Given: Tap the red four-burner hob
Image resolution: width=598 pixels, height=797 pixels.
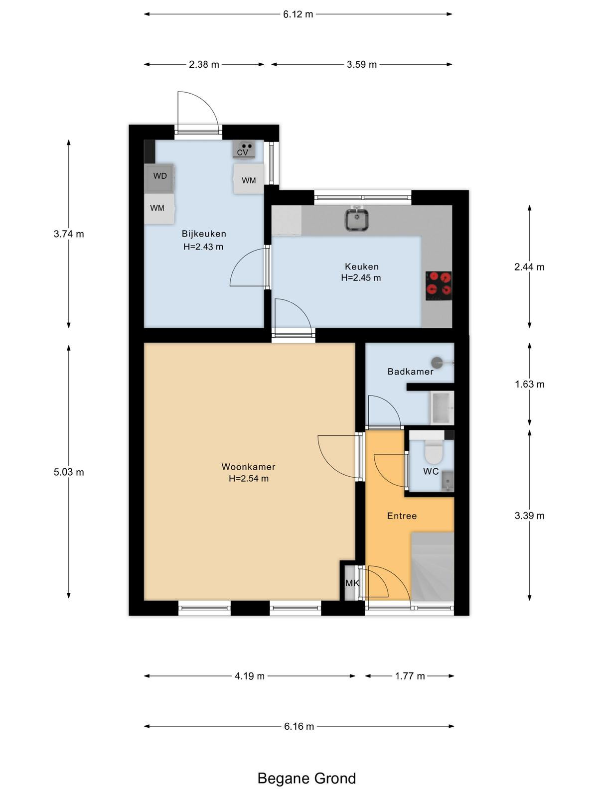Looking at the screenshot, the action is (439, 286).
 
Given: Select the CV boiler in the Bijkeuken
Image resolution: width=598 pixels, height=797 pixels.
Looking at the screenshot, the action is (244, 149).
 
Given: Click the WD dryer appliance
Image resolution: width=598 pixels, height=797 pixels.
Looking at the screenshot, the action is (159, 178).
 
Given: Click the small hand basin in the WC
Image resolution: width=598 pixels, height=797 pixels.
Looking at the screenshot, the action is (448, 481).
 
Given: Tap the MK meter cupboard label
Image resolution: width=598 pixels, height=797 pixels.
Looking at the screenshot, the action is (352, 583).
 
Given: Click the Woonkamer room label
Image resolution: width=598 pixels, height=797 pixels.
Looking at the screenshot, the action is (248, 467).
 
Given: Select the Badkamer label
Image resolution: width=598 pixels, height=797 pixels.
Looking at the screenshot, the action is (410, 372).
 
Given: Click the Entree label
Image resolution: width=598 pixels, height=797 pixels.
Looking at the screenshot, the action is (402, 516).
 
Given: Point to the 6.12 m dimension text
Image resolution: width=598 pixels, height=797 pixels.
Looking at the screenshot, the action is (298, 14).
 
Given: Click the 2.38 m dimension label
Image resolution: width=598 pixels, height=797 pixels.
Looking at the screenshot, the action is (204, 65).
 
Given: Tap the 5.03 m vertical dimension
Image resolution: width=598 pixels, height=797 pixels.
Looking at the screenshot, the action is (69, 472).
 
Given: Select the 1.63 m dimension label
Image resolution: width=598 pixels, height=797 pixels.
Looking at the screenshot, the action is (529, 384).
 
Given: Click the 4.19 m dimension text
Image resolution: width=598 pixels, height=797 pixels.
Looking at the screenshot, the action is (250, 676).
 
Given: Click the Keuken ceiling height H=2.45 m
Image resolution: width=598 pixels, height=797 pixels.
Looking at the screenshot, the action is (361, 278).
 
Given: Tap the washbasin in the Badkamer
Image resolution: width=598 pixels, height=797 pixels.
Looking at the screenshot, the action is (442, 408).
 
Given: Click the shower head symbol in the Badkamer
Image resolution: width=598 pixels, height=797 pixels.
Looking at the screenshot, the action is (437, 362).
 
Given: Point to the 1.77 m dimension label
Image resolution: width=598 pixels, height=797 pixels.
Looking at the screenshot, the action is (410, 676).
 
